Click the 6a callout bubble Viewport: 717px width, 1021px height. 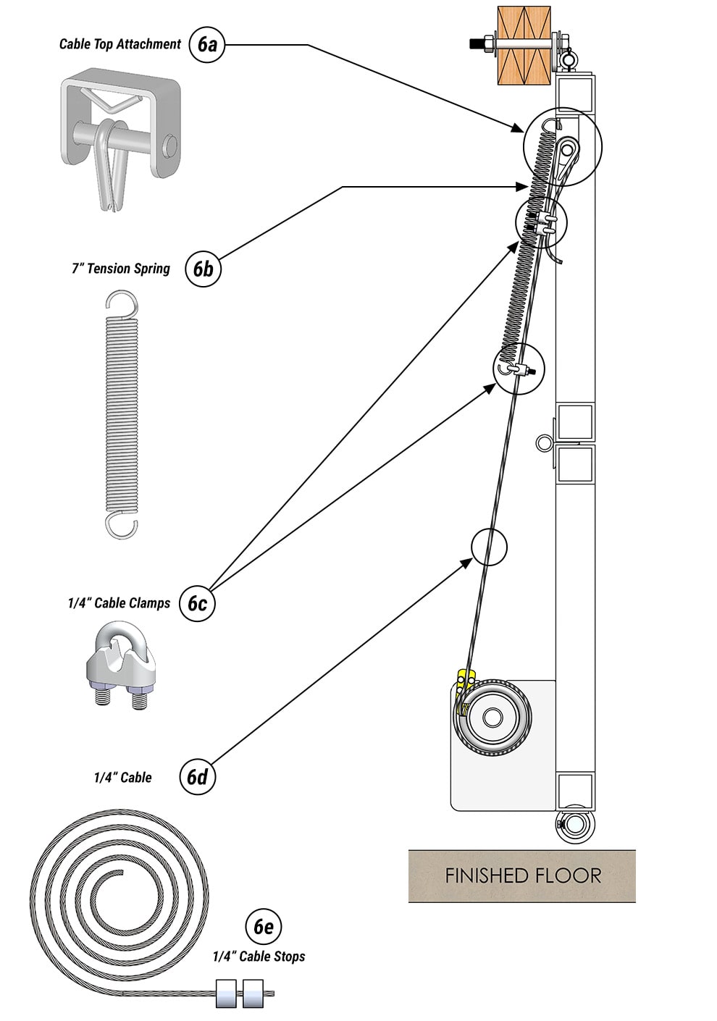click(x=207, y=45)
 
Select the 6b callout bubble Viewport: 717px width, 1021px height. click(x=203, y=269)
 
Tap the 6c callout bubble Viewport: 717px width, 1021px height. click(x=197, y=603)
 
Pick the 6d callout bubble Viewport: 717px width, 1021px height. click(x=197, y=777)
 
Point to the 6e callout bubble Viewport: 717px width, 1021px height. click(x=263, y=926)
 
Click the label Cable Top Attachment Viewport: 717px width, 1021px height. click(x=119, y=44)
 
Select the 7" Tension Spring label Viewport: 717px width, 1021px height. click(x=120, y=269)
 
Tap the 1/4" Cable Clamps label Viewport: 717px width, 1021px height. click(x=119, y=603)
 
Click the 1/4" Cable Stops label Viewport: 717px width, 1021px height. click(x=259, y=957)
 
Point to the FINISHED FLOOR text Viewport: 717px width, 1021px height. click(x=522, y=875)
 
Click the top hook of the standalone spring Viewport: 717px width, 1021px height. click(x=121, y=303)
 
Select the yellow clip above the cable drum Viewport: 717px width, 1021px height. click(x=466, y=681)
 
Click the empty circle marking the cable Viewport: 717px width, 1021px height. click(x=489, y=547)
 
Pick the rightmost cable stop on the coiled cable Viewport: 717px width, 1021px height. click(x=253, y=993)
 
